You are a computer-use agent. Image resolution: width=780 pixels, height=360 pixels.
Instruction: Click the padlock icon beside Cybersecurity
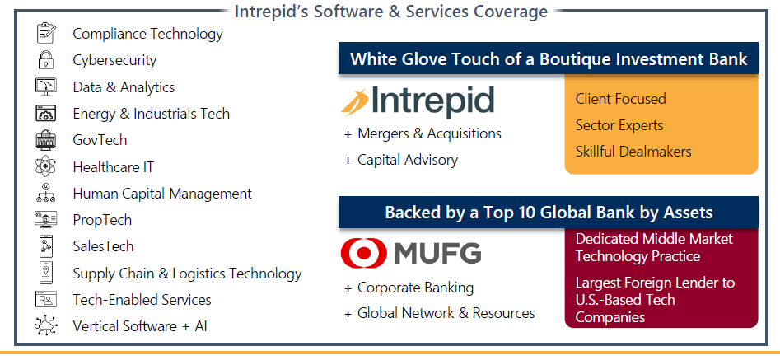(x=46, y=60)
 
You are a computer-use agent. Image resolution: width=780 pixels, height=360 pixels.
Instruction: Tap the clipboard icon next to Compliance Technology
(x=46, y=33)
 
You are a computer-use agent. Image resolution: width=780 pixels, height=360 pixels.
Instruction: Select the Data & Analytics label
(x=124, y=87)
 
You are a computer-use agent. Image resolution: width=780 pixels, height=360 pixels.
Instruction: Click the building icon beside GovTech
(x=46, y=140)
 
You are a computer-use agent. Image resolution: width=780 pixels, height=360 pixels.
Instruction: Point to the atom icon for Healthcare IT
(x=46, y=166)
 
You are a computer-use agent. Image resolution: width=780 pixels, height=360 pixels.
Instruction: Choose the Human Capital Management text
(x=162, y=194)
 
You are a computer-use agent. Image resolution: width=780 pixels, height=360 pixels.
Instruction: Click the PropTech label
(x=102, y=220)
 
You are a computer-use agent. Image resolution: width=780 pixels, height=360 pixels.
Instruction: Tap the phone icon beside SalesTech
(x=46, y=246)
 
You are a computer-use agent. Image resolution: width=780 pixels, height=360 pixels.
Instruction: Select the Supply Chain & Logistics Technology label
(x=188, y=274)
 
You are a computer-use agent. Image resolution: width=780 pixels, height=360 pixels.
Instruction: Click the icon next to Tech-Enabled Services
(x=46, y=299)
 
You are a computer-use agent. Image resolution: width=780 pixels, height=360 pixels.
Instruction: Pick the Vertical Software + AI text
(x=140, y=326)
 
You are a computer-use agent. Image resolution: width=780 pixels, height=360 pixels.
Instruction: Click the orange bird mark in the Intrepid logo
(x=355, y=101)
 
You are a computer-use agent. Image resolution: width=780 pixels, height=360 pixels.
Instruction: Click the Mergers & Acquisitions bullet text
(x=429, y=133)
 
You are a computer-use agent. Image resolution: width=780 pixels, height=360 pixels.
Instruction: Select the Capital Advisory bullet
(x=408, y=160)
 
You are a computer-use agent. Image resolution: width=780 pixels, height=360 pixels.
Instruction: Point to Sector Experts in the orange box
(x=619, y=125)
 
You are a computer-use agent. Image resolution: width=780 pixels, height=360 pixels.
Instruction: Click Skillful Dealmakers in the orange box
(x=633, y=151)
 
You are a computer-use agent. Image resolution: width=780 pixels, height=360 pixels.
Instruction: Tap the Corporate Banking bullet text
(x=415, y=288)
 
